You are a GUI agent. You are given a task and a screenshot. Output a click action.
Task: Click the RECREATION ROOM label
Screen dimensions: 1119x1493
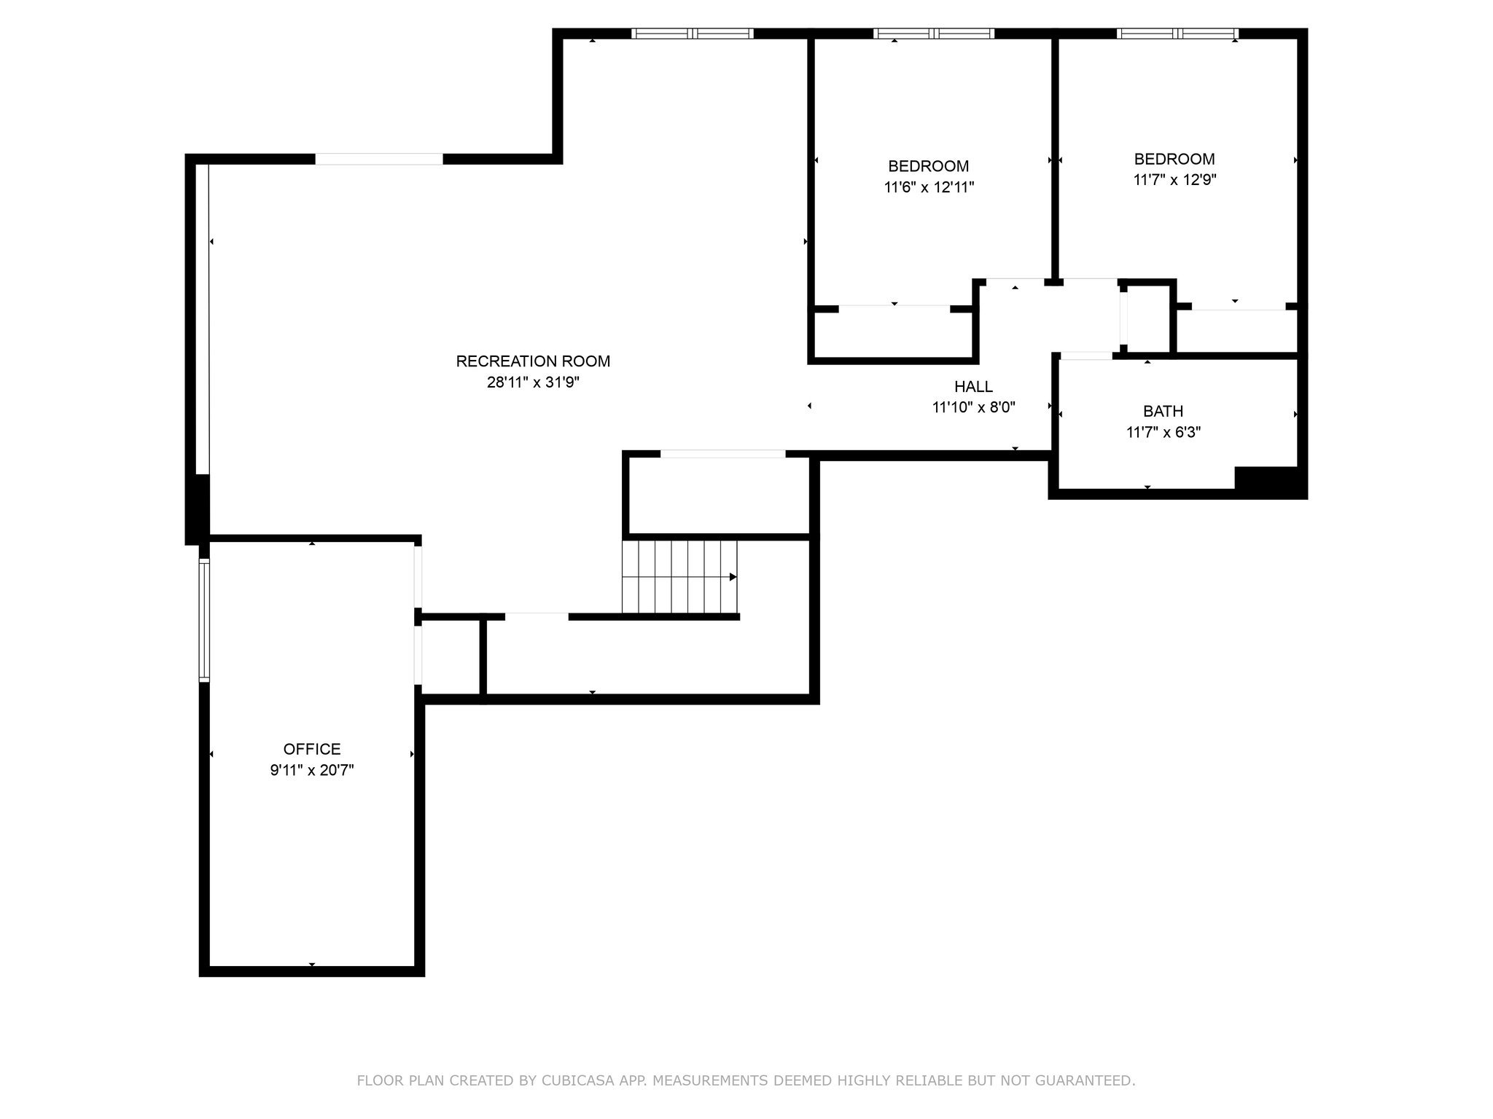coord(533,361)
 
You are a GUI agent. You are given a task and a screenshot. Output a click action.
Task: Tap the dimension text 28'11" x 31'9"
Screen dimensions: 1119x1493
coord(533,382)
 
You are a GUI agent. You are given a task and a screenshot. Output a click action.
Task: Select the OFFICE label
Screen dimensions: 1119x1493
coord(312,749)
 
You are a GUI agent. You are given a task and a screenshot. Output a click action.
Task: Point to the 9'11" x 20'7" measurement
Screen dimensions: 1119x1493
coord(312,770)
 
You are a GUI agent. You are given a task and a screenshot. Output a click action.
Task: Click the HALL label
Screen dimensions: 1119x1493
coord(973,387)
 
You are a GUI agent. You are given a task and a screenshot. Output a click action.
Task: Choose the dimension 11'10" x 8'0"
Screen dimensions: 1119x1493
coord(973,407)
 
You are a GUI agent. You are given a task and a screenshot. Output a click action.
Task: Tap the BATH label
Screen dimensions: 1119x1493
coord(1163,411)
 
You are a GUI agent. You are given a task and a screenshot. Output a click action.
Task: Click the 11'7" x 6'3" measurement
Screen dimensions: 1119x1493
coord(1163,432)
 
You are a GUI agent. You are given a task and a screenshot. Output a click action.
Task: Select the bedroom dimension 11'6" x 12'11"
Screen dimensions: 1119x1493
coord(929,187)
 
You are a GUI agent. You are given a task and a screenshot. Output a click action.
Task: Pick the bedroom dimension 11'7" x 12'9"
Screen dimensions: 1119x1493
coord(1174,180)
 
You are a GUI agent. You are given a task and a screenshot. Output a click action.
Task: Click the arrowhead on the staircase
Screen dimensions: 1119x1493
coord(733,577)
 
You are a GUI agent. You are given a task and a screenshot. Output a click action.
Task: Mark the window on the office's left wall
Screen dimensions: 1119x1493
coord(205,620)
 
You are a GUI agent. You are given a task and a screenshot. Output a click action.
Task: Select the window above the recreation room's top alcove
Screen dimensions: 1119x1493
coord(692,34)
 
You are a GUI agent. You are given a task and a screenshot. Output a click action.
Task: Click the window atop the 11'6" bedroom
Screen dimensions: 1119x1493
coord(934,34)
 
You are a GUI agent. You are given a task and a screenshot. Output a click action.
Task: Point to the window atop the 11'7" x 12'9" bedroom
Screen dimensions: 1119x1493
coord(1177,34)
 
